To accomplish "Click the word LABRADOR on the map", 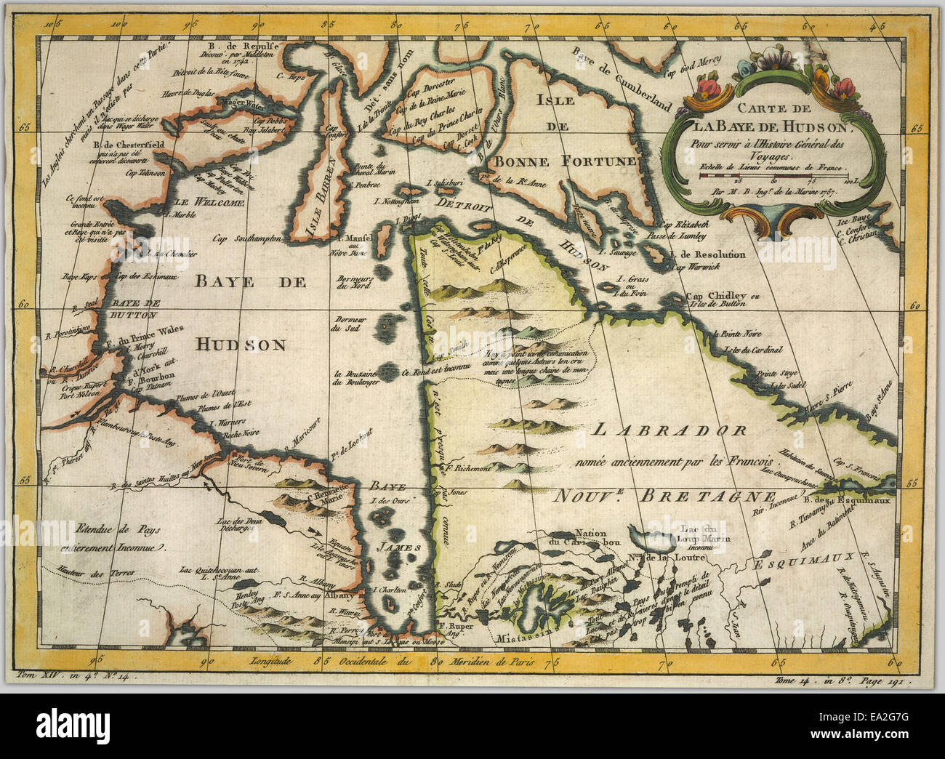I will pos(668,430).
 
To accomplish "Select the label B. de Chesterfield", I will pos(129,144).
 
